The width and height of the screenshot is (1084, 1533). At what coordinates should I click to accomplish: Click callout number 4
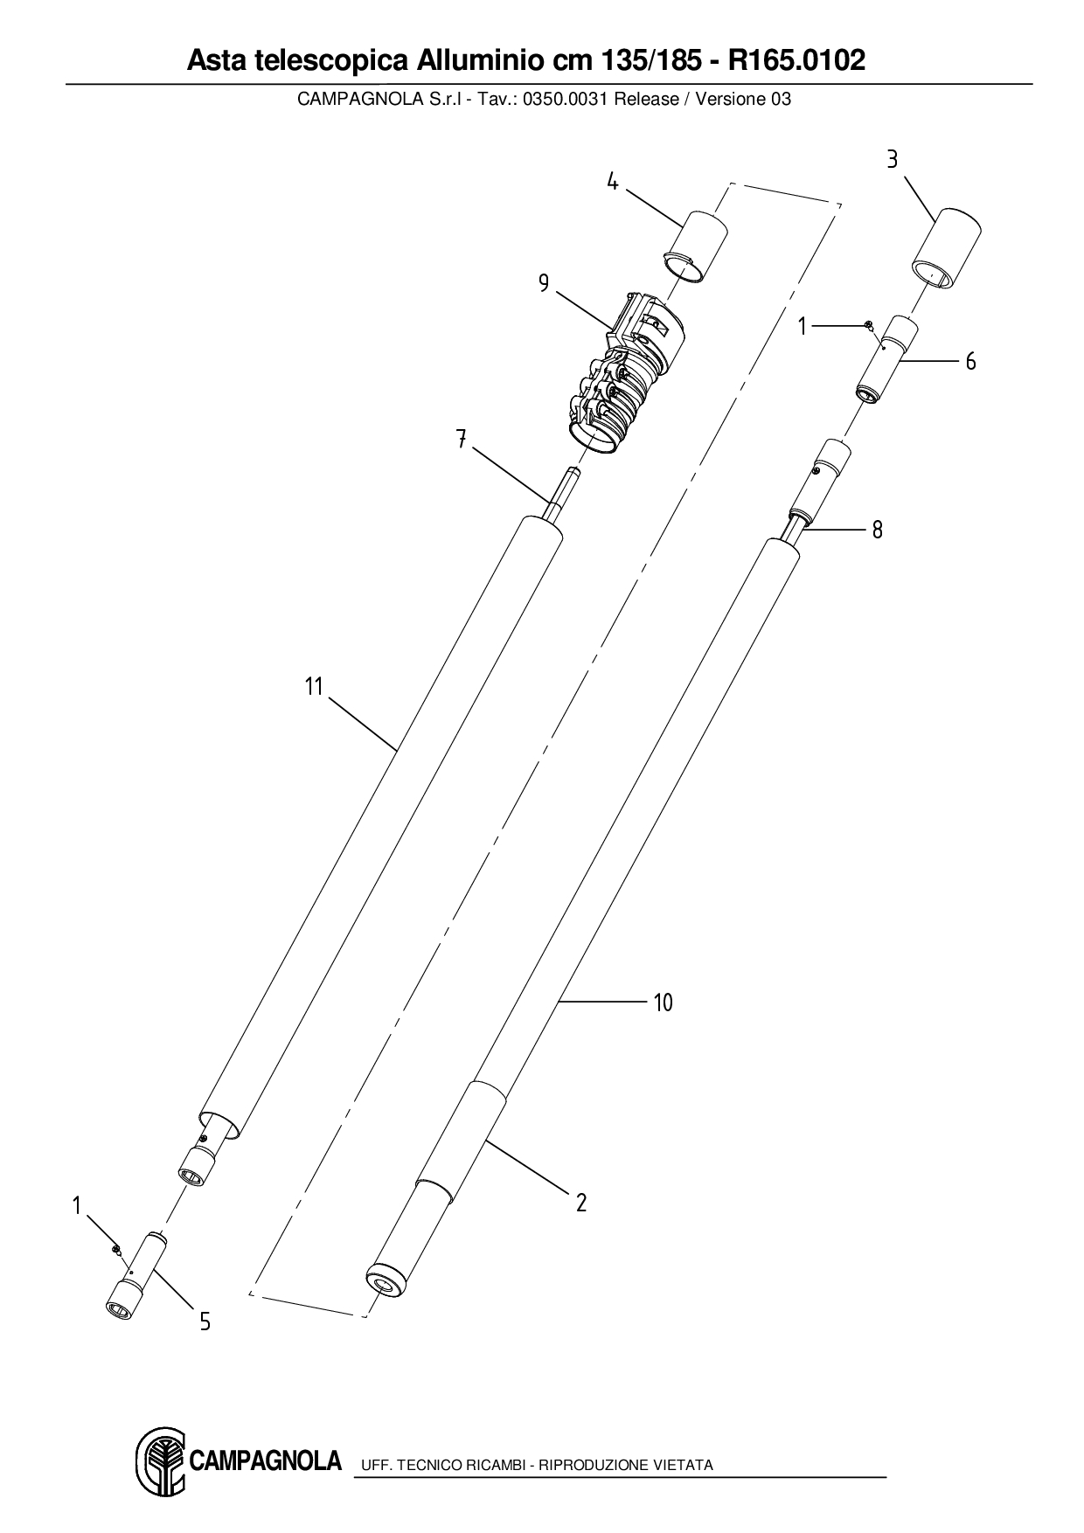[613, 182]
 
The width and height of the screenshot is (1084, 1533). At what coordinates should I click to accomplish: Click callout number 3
[892, 159]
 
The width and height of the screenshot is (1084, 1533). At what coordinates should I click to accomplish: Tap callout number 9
[544, 284]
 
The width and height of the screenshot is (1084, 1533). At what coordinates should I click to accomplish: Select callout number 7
[461, 439]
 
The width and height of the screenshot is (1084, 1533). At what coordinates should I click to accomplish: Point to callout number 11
[314, 686]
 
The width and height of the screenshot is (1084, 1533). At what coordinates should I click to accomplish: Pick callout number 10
[664, 1002]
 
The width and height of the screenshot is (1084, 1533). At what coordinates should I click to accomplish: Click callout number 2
[581, 1203]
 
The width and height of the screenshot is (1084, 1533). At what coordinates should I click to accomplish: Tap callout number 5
[205, 1321]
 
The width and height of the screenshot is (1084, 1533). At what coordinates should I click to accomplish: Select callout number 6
[970, 361]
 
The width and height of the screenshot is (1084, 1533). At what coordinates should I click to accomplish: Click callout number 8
[877, 530]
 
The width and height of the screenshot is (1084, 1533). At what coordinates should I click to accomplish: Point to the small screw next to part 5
[115, 1249]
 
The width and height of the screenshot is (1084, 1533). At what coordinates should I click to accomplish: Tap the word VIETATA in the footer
[682, 1465]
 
